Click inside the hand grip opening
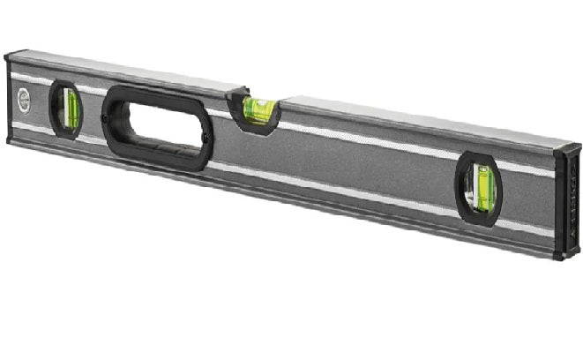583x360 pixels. [x=157, y=126]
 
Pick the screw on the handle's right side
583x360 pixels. [x=207, y=139]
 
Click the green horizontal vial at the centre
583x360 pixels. [x=259, y=109]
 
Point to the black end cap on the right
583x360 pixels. [x=566, y=203]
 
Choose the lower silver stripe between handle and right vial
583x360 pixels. [x=335, y=189]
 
